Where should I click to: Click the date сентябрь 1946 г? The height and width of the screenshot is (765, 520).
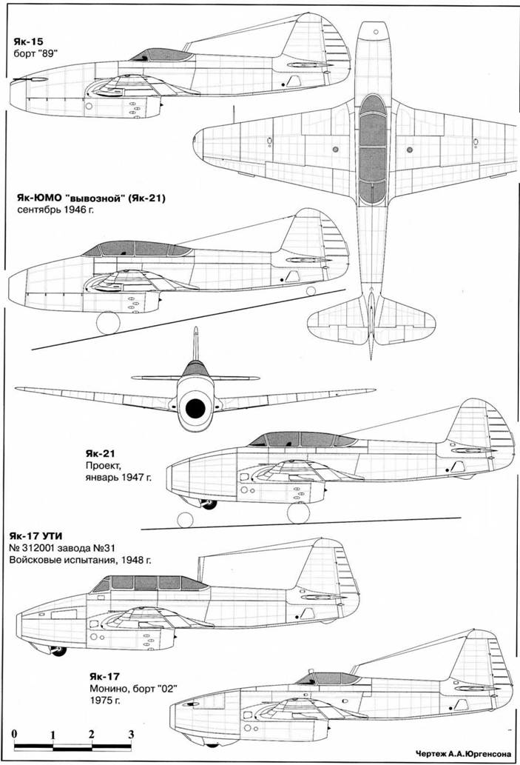click(x=56, y=211)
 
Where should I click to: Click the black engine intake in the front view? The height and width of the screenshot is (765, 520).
click(x=195, y=408)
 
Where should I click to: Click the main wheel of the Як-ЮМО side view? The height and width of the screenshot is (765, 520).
click(x=108, y=323)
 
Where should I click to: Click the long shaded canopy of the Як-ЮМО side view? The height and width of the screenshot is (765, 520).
click(x=137, y=249)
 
